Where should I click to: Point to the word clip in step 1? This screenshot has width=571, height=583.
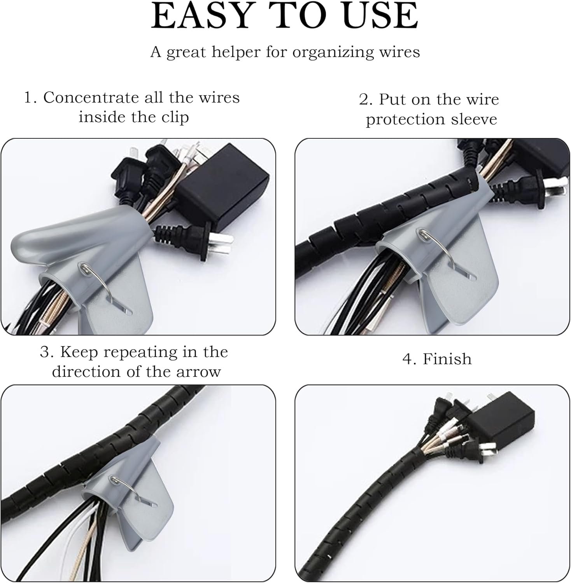(x=175, y=117)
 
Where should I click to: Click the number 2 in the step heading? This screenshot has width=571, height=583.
(x=366, y=99)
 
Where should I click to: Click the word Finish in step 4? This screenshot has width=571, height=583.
(x=447, y=359)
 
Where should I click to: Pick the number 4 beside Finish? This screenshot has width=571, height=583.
(x=407, y=359)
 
